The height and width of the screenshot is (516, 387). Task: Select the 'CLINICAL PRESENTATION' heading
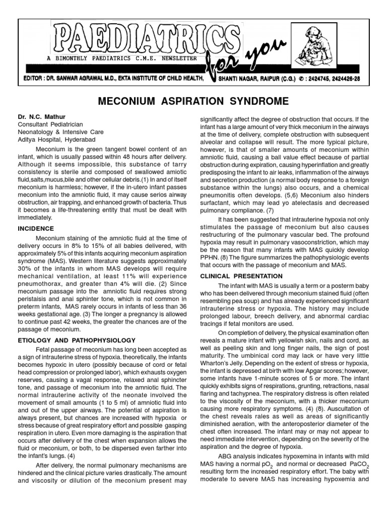click(x=235, y=276)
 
